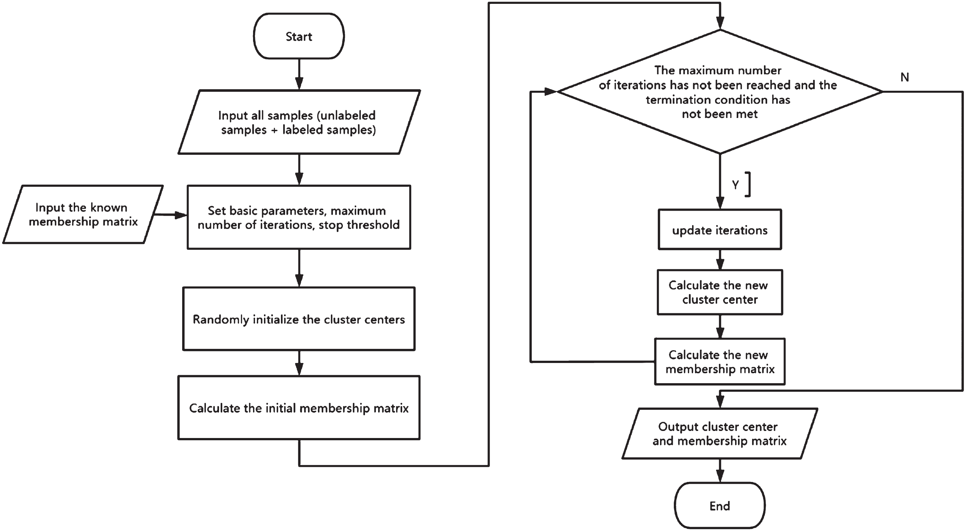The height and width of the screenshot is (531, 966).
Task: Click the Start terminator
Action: [299, 36]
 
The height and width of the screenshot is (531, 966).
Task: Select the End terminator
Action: [720, 505]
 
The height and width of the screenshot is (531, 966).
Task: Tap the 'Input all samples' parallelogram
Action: [299, 122]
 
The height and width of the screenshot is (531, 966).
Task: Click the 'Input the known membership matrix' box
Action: [83, 214]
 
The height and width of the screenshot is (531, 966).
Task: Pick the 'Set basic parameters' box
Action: [299, 217]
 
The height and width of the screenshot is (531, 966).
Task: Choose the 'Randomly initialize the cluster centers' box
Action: [299, 319]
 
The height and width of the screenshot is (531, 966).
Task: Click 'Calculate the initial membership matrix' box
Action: [299, 408]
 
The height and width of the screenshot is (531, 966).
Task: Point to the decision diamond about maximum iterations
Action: [720, 91]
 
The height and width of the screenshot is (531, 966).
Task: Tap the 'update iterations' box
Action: [720, 230]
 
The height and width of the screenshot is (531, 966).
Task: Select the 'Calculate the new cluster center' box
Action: [720, 292]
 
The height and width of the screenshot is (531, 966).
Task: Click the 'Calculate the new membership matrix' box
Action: [720, 361]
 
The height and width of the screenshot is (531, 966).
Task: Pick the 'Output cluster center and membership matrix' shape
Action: [720, 433]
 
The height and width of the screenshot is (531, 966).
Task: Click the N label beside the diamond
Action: [904, 77]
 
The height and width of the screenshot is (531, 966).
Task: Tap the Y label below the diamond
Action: [735, 184]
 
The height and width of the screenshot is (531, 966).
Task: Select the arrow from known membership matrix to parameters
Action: [171, 215]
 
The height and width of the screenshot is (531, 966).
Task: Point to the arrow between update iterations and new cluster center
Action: [720, 259]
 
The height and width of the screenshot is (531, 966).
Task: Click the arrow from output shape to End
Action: [720, 471]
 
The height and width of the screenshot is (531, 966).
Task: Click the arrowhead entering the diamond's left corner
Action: [550, 91]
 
